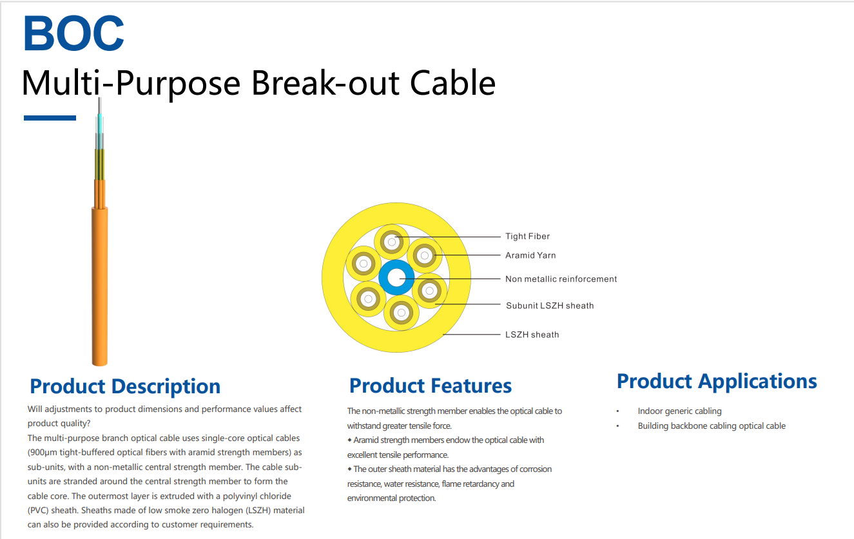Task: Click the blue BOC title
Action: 73,34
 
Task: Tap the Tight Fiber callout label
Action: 527,237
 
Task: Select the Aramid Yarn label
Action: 530,255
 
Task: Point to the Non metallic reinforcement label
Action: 561,279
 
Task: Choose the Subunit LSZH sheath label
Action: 549,306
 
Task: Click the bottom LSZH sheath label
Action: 532,335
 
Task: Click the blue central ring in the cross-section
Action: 396,278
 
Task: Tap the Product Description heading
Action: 125,386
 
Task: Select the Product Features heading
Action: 430,386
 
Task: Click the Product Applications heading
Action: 716,381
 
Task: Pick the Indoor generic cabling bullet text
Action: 679,411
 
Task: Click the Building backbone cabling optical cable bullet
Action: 712,426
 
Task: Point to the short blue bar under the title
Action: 50,118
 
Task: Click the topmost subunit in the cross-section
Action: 391,243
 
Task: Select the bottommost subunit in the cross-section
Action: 401,313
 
